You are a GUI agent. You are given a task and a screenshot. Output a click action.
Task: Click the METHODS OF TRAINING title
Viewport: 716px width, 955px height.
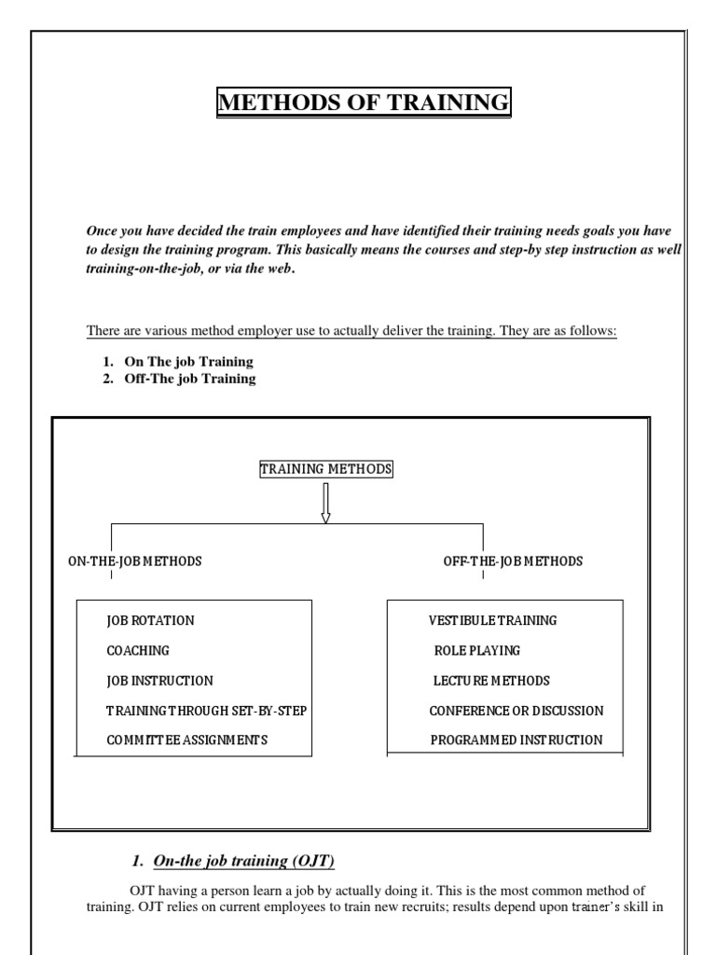(364, 102)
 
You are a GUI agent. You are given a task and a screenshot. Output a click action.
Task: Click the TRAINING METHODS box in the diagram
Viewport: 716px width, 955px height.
(325, 469)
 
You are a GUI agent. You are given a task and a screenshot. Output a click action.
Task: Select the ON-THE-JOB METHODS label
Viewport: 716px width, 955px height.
(134, 561)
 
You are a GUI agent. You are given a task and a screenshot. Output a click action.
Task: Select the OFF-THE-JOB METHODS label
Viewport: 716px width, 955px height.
(513, 561)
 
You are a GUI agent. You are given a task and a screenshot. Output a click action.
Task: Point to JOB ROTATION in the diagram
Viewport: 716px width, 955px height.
(150, 620)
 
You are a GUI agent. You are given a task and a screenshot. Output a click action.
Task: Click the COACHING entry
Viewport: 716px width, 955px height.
(138, 651)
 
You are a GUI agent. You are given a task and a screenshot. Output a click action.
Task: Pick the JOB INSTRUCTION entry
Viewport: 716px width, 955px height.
(159, 681)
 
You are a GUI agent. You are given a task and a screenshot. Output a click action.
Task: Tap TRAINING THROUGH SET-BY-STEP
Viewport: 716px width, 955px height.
(206, 711)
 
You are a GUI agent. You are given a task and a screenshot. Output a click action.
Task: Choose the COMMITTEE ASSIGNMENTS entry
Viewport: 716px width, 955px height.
(186, 740)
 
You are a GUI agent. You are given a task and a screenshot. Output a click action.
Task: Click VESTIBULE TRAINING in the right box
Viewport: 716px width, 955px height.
(492, 620)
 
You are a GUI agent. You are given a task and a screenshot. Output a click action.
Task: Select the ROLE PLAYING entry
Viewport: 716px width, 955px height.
(476, 651)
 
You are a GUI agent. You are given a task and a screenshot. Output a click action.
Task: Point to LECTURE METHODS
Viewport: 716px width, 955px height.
(491, 681)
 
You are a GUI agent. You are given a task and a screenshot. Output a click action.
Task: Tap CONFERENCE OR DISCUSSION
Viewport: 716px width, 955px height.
(516, 711)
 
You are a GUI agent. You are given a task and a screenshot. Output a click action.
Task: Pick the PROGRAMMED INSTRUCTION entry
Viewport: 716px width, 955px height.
(516, 740)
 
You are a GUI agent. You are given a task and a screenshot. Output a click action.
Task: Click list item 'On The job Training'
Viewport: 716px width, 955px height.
(188, 361)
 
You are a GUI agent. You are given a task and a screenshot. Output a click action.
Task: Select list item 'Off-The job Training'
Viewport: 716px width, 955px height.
(190, 379)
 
